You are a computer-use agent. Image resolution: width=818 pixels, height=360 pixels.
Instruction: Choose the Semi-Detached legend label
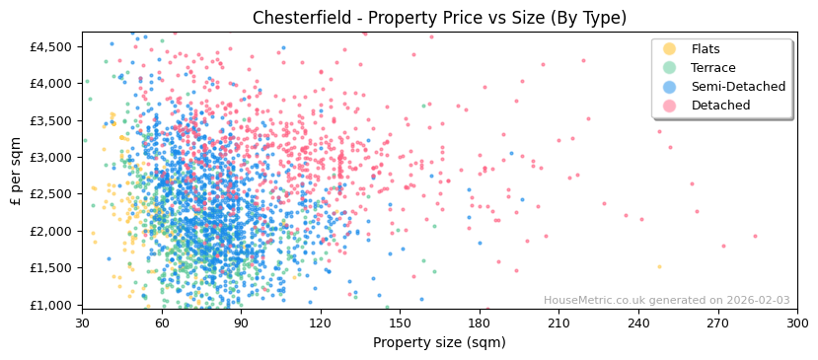pyautogui.click(x=738, y=87)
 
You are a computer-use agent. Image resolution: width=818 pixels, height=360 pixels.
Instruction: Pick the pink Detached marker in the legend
pyautogui.click(x=669, y=106)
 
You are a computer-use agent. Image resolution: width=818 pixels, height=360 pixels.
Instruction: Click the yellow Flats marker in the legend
pyautogui.click(x=669, y=49)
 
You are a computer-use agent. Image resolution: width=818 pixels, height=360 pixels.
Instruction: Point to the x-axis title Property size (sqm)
pyautogui.click(x=439, y=343)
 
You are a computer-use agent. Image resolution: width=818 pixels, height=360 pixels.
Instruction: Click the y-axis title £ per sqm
pyautogui.click(x=16, y=171)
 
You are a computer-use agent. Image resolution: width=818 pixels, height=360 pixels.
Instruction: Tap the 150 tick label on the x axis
pyautogui.click(x=400, y=323)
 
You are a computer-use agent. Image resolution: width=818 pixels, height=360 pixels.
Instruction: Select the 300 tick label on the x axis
pyautogui.click(x=796, y=323)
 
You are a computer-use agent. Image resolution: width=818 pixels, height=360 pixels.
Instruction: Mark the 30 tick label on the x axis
pyautogui.click(x=82, y=323)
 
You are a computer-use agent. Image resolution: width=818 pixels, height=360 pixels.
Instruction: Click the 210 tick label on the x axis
pyautogui.click(x=558, y=323)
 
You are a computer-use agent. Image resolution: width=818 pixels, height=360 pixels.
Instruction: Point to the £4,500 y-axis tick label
pyautogui.click(x=49, y=46)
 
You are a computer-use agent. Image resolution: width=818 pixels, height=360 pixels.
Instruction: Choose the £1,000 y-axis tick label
pyautogui.click(x=49, y=305)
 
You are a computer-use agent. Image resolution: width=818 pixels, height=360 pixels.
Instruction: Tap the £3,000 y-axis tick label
pyautogui.click(x=49, y=157)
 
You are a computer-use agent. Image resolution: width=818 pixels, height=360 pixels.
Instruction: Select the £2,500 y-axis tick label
pyautogui.click(x=49, y=194)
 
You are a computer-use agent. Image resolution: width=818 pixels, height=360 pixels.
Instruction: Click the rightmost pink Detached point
pyautogui.click(x=756, y=236)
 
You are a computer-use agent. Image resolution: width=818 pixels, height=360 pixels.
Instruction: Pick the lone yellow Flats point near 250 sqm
pyautogui.click(x=660, y=266)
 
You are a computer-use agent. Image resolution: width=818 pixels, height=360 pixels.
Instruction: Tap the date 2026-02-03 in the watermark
pyautogui.click(x=757, y=301)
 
